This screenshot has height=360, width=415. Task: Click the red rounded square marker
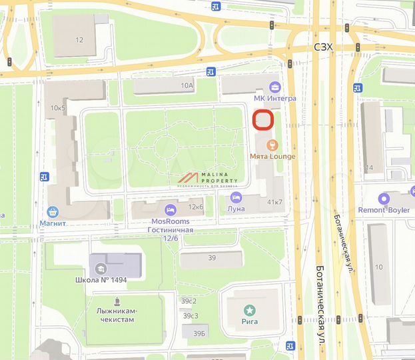click(264, 120)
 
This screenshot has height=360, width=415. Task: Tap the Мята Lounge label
click(272, 157)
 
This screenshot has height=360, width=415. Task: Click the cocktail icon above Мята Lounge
click(272, 145)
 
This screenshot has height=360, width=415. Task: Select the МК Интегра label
click(275, 98)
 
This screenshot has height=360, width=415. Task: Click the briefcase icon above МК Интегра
click(275, 86)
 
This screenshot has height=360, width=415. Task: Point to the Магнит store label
click(53, 224)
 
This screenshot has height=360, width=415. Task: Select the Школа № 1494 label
click(101, 279)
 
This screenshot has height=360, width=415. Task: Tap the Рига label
click(250, 321)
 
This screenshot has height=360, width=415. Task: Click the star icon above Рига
click(250, 309)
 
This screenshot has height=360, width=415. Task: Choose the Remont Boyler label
click(383, 209)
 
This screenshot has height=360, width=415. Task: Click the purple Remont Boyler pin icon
click(383, 198)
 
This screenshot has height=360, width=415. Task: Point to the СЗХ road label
click(323, 47)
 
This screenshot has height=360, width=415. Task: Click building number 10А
click(186, 85)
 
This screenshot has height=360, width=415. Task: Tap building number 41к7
click(274, 201)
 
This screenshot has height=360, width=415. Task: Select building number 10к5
click(58, 107)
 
